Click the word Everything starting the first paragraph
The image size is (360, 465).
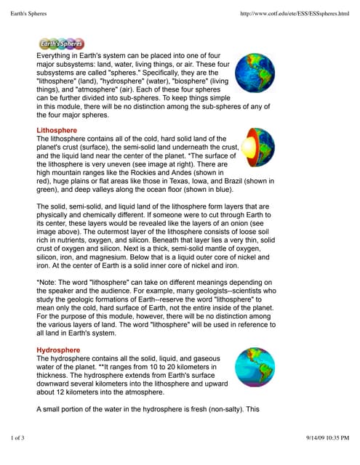click(57, 54)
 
